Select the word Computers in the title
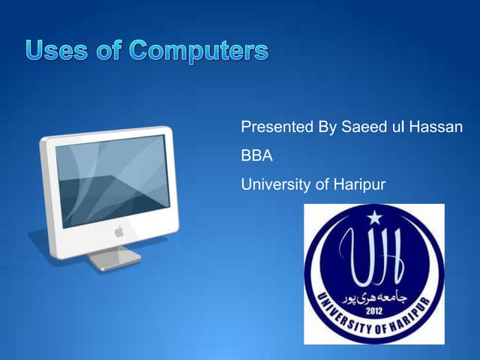coord(198,51)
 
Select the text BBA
coord(256,155)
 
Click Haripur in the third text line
coord(356,183)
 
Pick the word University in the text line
coord(274,183)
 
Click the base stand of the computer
coord(112,259)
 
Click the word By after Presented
coord(327,127)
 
